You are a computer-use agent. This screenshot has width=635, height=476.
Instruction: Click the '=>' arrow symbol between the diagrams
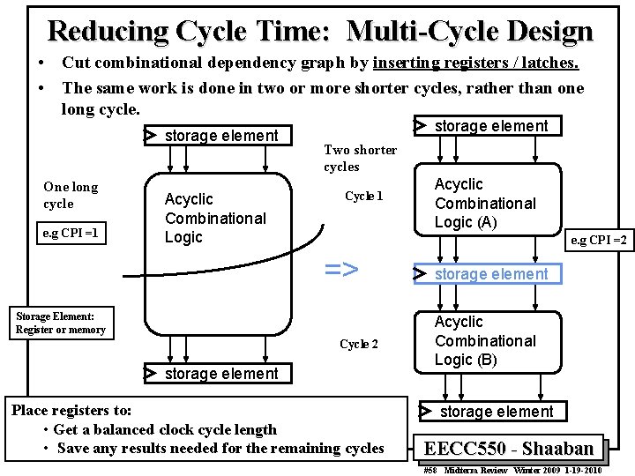point(341,269)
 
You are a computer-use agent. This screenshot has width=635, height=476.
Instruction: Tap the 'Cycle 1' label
point(363,196)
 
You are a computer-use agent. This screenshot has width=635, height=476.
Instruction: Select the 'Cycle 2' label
point(359,344)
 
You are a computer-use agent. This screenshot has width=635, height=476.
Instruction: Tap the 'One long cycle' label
point(71,195)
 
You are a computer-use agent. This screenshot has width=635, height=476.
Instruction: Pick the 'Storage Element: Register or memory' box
point(60,323)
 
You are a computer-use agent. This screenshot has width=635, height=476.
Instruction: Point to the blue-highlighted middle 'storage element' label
point(490,274)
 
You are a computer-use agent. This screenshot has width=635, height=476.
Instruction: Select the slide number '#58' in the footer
point(430,471)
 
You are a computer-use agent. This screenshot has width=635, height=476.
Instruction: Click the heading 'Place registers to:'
point(71,411)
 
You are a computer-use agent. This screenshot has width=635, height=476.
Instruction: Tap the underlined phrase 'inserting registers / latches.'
point(476,63)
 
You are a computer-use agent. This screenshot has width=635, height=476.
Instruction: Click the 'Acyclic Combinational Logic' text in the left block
point(215,219)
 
